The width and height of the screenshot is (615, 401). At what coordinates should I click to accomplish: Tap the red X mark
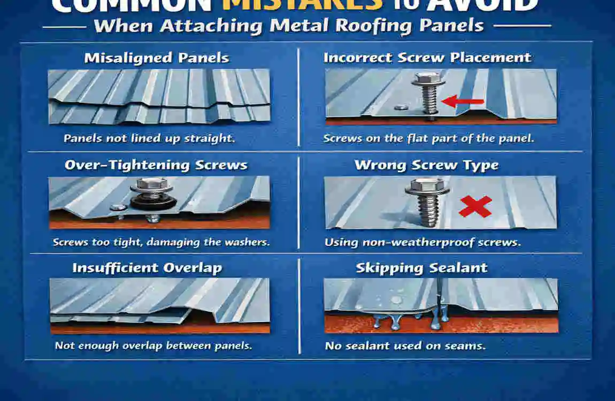[x=475, y=206]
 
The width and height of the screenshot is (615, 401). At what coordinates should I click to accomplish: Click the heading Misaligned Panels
[x=157, y=58]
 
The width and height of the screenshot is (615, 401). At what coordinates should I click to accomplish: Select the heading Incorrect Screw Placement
[x=427, y=58]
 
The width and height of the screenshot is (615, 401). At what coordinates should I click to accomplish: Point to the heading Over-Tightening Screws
[x=156, y=165]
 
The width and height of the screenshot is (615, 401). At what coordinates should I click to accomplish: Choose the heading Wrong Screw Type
[x=426, y=165]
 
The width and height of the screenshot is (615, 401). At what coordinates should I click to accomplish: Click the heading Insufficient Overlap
[x=147, y=267]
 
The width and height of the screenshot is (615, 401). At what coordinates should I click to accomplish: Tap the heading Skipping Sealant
[x=421, y=268]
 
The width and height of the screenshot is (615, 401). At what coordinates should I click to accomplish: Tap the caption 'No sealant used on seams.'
[x=405, y=346]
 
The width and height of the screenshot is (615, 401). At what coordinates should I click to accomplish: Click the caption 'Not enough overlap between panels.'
[x=153, y=345]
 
